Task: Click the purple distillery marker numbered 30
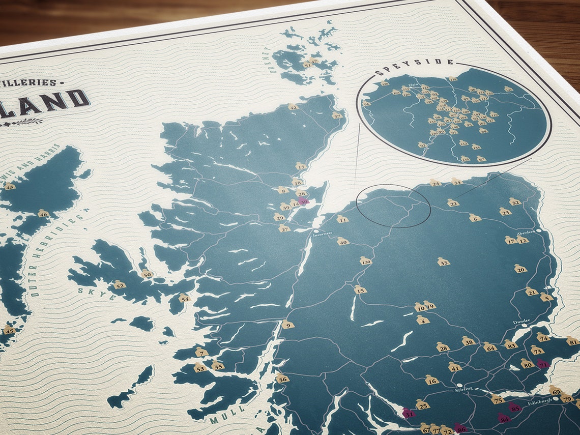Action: (304, 201)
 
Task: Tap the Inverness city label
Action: (323, 234)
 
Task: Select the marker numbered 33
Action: (443, 263)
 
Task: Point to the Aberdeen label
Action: (526, 232)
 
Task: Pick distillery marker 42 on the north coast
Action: (293, 107)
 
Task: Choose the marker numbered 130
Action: (365, 261)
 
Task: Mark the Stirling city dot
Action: (459, 386)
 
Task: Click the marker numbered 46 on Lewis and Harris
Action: (43, 214)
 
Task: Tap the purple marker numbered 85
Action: (515, 408)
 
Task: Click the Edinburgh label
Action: (539, 401)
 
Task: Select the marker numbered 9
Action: (288, 325)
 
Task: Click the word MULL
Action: (221, 418)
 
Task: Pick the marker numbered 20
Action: (520, 269)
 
